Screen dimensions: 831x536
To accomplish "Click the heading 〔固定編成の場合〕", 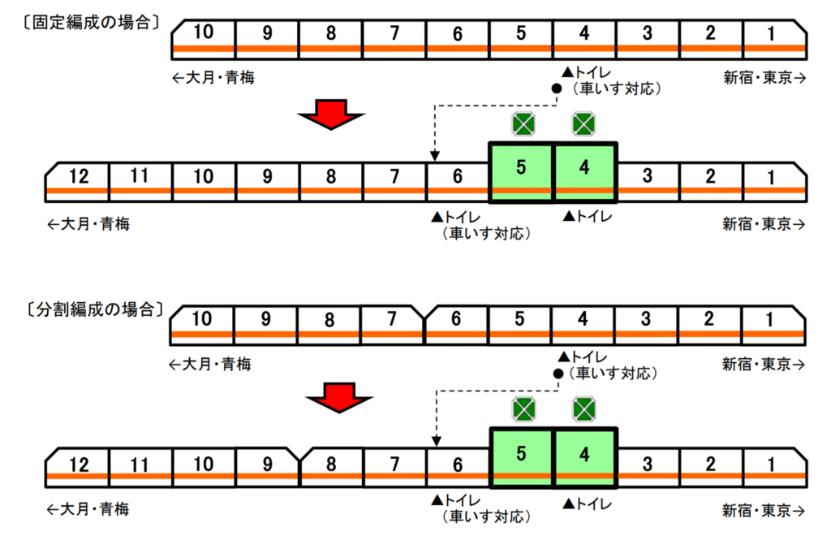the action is [x=91, y=23].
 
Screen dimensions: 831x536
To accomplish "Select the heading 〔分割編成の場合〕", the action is [x=95, y=309].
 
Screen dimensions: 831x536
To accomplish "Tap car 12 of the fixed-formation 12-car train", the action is [x=77, y=182].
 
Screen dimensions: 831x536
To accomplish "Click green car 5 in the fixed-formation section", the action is [x=521, y=172].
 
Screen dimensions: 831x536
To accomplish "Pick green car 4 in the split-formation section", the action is [x=584, y=457].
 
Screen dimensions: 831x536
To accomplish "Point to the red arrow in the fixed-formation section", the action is [x=331, y=114].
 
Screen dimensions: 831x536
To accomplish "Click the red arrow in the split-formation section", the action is [x=339, y=398].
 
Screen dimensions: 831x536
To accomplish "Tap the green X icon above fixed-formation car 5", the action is [x=523, y=124].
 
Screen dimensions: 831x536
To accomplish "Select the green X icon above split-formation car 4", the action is [x=584, y=408].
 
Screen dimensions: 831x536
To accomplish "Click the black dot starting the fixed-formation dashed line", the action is [x=557, y=89].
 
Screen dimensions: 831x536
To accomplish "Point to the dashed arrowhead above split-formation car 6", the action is [x=436, y=441].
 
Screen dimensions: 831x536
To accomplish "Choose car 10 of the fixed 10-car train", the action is [x=204, y=39].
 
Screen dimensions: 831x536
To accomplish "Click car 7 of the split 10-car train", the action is [x=392, y=325].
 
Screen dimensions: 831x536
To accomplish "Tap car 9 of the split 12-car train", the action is [x=268, y=468].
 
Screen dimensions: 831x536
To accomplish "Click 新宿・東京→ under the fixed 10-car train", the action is [x=764, y=78].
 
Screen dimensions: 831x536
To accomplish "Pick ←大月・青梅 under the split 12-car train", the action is [x=88, y=509].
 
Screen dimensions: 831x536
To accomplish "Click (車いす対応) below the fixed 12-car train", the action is [x=486, y=234].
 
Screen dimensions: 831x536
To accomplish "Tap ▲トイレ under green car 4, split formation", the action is [x=588, y=504].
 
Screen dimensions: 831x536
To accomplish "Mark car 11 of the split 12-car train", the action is [x=140, y=468].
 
